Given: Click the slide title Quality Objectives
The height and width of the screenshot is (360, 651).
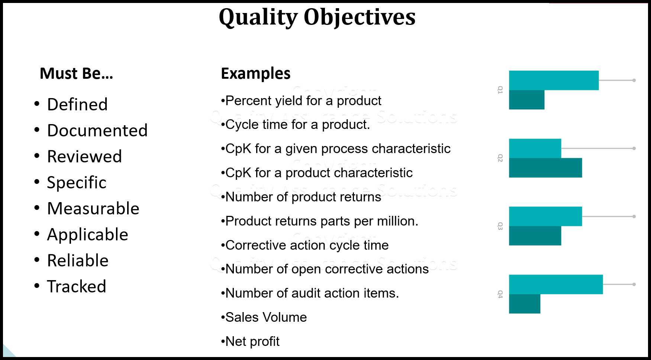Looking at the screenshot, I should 317,17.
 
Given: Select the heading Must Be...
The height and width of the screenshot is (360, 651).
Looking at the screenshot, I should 76,74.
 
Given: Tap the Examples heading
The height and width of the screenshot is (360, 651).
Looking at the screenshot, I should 255,74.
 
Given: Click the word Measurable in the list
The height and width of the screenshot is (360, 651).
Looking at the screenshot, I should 93,208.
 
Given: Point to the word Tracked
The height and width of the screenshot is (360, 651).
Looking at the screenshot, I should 77,286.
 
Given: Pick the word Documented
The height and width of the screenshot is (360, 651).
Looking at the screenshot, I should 97,130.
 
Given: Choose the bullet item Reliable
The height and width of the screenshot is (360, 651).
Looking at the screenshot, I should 78,260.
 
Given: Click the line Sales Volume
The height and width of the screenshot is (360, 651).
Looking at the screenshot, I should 266,317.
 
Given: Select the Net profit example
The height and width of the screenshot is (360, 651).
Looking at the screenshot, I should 252,341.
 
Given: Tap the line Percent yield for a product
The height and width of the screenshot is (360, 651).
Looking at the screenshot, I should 303,101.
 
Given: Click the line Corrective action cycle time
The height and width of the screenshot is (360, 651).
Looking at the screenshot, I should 307,245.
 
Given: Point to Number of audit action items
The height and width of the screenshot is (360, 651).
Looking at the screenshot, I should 312,293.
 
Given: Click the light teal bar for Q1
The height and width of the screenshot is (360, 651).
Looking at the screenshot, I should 554,80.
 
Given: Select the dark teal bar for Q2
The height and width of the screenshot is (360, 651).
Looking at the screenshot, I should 545,168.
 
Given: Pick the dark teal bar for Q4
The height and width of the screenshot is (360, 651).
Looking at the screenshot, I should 524,304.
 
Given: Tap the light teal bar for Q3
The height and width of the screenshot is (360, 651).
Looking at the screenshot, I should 545,216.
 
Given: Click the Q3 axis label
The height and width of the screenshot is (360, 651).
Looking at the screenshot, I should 500,226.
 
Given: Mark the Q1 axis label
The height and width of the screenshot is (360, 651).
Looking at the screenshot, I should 500,90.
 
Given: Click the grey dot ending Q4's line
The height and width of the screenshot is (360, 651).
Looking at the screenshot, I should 634,284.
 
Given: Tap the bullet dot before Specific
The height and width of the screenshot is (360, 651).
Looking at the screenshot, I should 37,182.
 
